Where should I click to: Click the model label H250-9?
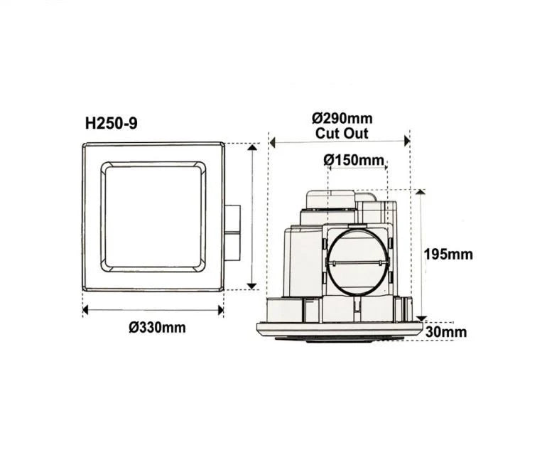click(x=112, y=123)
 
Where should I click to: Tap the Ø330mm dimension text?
click(x=157, y=328)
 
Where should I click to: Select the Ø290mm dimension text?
click(x=342, y=118)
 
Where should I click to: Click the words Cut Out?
click(x=342, y=134)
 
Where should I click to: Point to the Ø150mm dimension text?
click(x=353, y=160)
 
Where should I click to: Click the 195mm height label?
click(x=448, y=255)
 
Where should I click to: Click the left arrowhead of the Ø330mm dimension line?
click(x=86, y=309)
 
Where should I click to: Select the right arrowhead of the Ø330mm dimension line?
click(x=221, y=309)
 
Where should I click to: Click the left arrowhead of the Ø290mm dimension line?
click(x=272, y=141)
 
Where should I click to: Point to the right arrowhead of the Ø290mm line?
click(x=407, y=141)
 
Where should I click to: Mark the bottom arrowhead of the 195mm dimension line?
click(x=421, y=317)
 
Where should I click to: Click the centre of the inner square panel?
click(x=153, y=216)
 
